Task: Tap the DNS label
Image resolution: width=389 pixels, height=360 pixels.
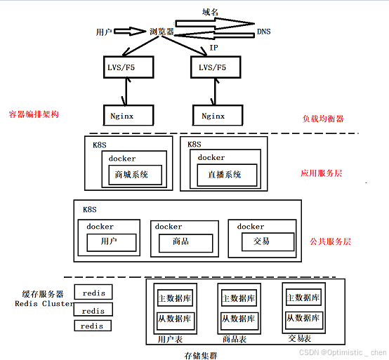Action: click(x=263, y=32)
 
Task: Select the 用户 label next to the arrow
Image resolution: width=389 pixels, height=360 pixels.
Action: click(x=103, y=32)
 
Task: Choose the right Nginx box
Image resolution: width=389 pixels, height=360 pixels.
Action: click(x=213, y=115)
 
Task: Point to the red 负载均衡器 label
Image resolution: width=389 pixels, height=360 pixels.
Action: click(x=323, y=119)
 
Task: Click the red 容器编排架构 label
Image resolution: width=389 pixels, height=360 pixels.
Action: click(x=33, y=114)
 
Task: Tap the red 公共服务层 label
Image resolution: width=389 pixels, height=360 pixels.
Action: click(x=330, y=241)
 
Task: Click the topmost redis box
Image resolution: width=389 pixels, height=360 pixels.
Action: click(x=93, y=293)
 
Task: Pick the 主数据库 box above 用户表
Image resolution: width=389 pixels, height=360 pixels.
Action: click(x=175, y=298)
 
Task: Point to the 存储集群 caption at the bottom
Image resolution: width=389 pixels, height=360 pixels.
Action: click(x=201, y=355)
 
